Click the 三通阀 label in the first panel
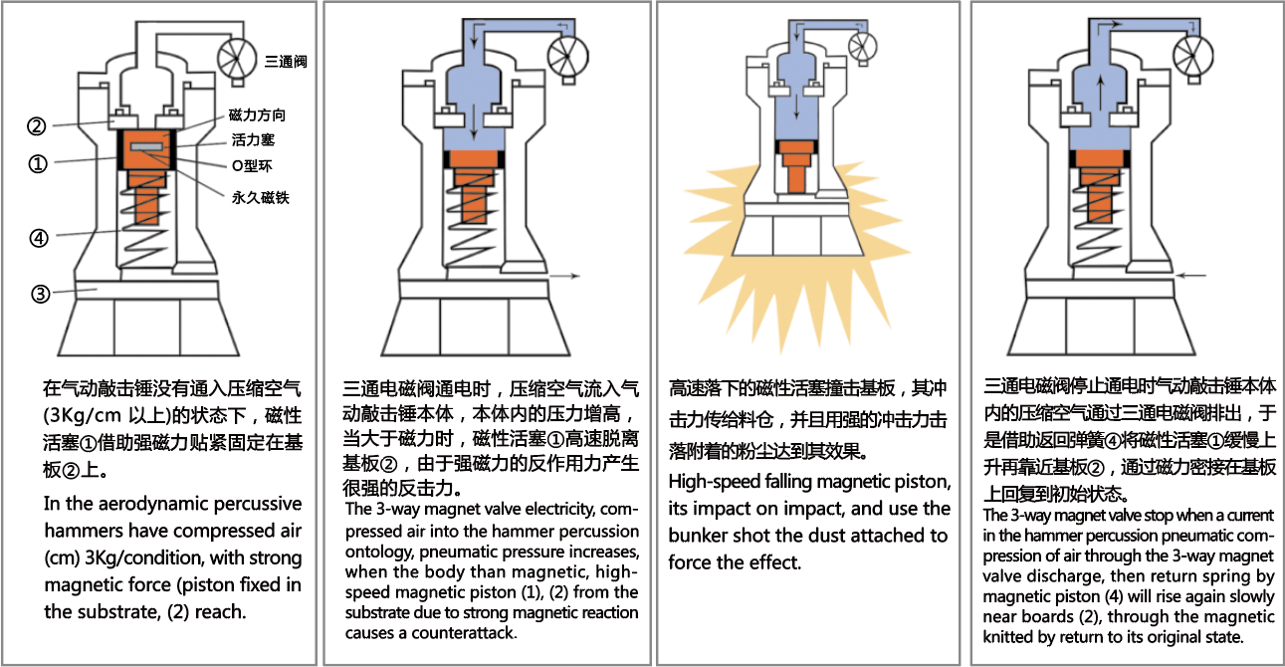[287, 62]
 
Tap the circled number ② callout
[36, 126]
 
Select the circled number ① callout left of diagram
[37, 164]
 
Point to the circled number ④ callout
[37, 238]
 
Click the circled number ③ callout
[40, 294]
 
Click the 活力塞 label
[253, 140]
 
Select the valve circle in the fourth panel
[1192, 50]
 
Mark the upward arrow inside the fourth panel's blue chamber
[1098, 96]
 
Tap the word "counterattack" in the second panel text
[463, 632]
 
